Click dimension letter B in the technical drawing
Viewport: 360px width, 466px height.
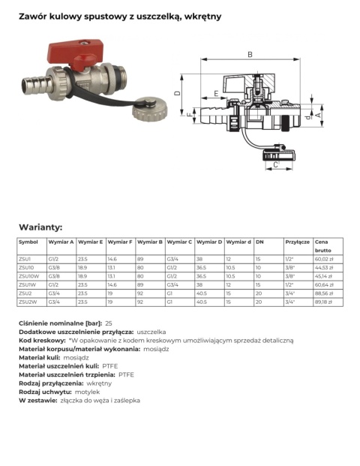tap(250, 53)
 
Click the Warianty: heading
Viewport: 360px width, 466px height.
tap(40, 227)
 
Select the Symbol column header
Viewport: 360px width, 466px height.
tap(28, 242)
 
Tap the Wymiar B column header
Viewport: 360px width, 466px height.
tap(150, 242)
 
